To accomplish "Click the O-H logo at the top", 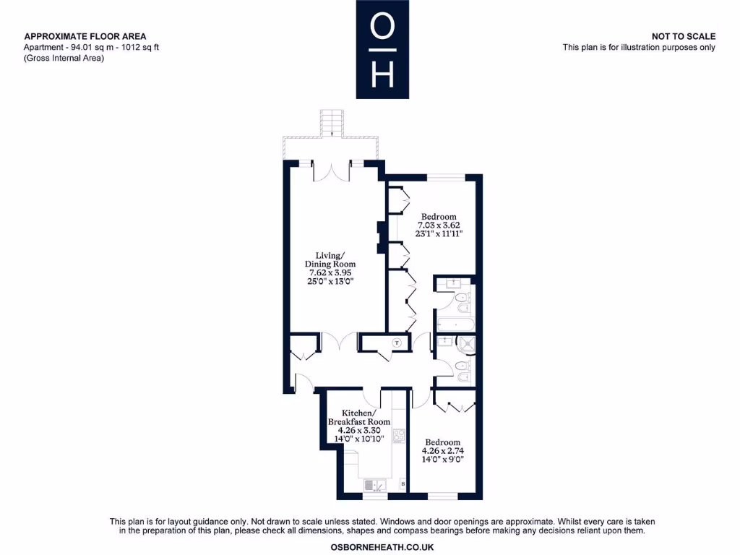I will pos(382,49).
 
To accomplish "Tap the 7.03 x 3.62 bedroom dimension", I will pos(439,225).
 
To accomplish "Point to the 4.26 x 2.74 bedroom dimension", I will pos(442,452).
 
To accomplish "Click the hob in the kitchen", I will pos(398,436).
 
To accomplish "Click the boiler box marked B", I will pos(403,483).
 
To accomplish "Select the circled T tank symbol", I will pos(397,343).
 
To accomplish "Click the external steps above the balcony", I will pos(330,122).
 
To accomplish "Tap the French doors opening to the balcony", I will pos(331,171).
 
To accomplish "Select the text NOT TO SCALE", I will pos(683,36).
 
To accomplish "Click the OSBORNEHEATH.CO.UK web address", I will pos(382,548).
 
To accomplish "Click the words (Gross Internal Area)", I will pos(64,58).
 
